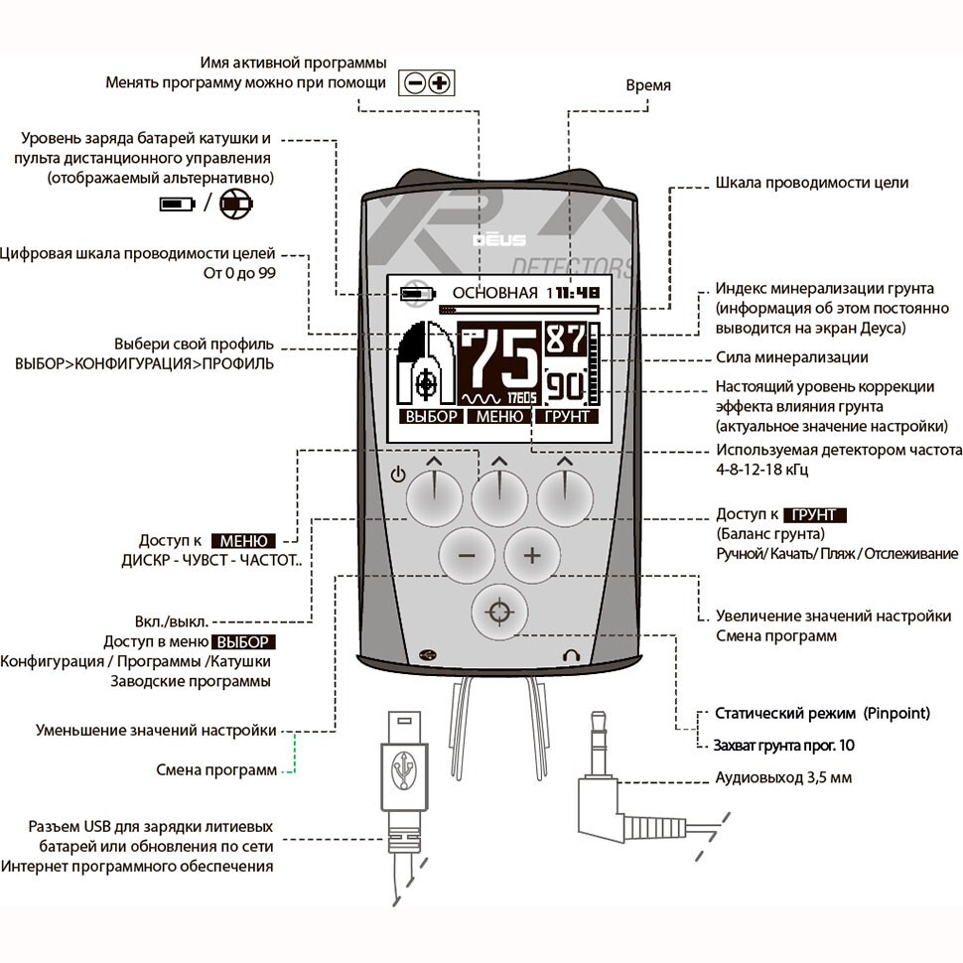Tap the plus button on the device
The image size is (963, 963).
(x=531, y=555)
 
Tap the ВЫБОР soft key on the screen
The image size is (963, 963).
(x=430, y=417)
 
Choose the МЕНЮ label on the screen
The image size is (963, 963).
(x=499, y=417)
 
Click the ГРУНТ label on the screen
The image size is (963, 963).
(x=567, y=417)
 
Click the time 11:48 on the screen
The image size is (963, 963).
(x=577, y=293)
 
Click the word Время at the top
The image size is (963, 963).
(x=647, y=85)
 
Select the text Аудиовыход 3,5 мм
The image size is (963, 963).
(x=783, y=777)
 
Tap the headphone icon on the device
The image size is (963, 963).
(x=569, y=654)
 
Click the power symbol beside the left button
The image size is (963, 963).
(x=399, y=475)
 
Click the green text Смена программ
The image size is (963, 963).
(x=216, y=769)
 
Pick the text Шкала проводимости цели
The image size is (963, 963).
(x=811, y=183)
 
